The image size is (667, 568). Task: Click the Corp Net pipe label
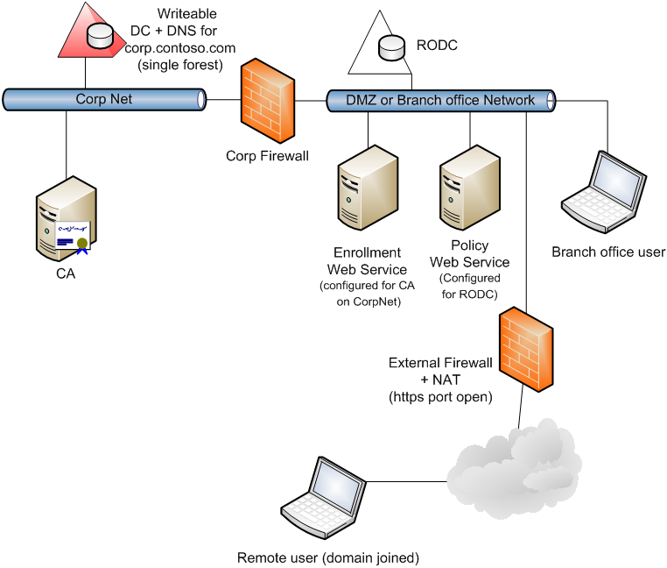click(104, 99)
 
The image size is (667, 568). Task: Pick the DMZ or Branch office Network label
click(440, 100)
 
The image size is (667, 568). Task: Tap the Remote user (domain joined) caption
click(328, 557)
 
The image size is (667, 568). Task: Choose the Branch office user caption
click(608, 252)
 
